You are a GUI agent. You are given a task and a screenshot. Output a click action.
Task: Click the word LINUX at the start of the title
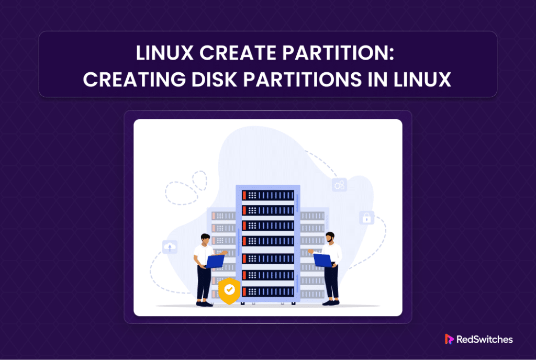coord(165,53)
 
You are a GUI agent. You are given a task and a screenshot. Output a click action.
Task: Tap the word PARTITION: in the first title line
coord(339,53)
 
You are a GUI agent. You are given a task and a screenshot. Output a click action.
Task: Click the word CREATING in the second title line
coord(135,80)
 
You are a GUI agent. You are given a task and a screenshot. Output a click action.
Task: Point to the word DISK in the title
coord(214,80)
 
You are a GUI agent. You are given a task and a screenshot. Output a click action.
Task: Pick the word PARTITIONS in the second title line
coord(303,80)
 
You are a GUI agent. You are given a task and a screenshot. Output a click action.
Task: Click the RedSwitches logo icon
coord(449,339)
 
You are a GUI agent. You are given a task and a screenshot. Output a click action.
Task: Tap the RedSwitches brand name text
coord(485,339)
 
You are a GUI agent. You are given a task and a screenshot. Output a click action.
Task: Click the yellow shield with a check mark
coord(229,290)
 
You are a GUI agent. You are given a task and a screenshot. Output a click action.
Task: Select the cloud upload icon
coord(170,246)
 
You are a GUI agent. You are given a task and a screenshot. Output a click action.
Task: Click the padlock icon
coord(367,218)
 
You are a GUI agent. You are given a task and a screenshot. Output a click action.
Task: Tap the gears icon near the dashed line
coord(339,185)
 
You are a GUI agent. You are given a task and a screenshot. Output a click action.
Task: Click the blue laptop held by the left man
coord(215,262)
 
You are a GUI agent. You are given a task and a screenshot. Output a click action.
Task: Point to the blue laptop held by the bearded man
coord(322,260)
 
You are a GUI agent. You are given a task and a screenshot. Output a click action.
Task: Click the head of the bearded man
coord(330,238)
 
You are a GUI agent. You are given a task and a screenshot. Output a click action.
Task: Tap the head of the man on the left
coord(205,239)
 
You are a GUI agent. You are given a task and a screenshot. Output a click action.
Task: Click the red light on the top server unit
coord(244,195)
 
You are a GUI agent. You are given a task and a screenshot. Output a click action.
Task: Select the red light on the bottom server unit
coord(244,291)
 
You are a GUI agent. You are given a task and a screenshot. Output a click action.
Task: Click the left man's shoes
coord(205,303)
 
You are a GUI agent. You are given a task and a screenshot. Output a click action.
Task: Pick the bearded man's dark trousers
coord(331,282)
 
